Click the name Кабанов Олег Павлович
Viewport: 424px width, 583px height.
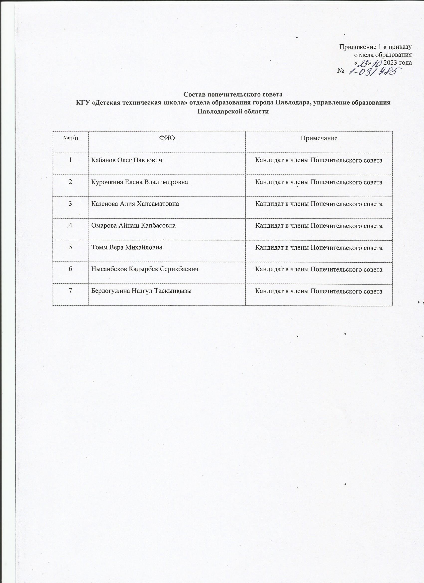[127, 160]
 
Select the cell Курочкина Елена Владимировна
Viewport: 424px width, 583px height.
[140, 182]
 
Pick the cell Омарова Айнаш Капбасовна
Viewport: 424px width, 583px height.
[133, 226]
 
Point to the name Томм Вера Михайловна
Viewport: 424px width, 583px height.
[127, 248]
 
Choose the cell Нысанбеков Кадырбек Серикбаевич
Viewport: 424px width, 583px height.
[145, 269]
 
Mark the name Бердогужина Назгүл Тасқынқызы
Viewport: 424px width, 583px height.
[141, 291]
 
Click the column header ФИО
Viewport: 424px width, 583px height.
[167, 138]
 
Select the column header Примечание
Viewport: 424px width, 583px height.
[319, 138]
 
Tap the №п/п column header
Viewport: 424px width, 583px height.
[70, 138]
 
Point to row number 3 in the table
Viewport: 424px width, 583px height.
[70, 203]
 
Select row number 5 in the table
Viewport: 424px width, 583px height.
[70, 247]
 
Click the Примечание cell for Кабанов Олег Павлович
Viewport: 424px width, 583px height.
[318, 160]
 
